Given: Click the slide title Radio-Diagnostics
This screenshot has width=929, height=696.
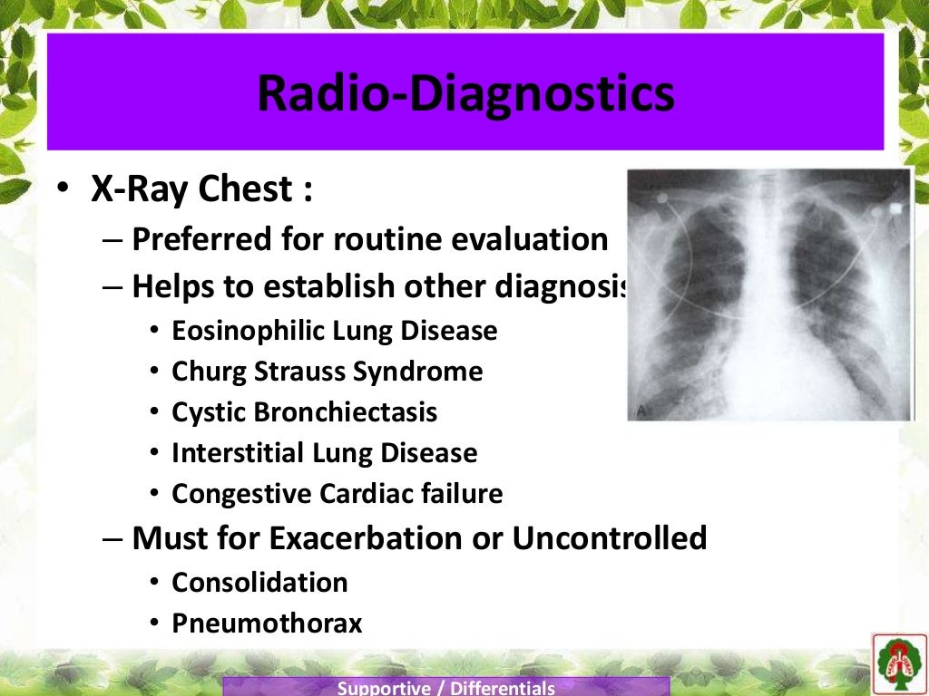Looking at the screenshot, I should pyautogui.click(x=464, y=94).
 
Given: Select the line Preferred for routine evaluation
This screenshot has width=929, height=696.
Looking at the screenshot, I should pyautogui.click(x=369, y=239).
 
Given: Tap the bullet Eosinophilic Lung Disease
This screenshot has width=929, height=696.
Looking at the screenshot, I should pyautogui.click(x=334, y=331).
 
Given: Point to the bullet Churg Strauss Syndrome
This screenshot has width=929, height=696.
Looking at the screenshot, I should pyautogui.click(x=327, y=372).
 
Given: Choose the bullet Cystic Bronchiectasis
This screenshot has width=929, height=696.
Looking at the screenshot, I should pyautogui.click(x=304, y=412).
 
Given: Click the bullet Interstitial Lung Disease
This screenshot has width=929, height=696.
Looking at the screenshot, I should pyautogui.click(x=324, y=452).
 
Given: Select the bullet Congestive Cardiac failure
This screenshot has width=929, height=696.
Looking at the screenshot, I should pyautogui.click(x=337, y=494).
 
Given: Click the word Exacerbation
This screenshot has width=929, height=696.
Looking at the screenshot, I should pyautogui.click(x=381, y=538).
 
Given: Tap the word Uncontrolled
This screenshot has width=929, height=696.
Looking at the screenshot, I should pyautogui.click(x=609, y=538).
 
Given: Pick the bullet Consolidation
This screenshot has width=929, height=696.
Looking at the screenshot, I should pyautogui.click(x=259, y=582).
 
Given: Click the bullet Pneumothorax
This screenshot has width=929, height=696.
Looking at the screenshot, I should pyautogui.click(x=267, y=623).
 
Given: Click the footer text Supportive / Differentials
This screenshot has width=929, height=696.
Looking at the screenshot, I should pyautogui.click(x=445, y=688).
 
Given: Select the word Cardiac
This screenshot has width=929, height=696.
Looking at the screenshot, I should pyautogui.click(x=367, y=494).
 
